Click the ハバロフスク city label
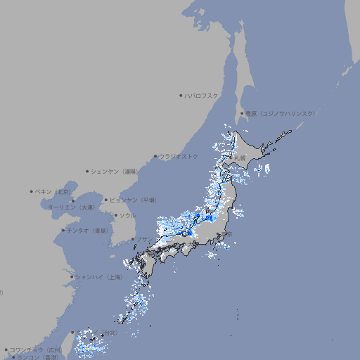[x=202, y=95]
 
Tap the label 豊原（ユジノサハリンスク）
[x=281, y=113]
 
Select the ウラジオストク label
[x=179, y=156]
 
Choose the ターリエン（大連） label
[x=71, y=207]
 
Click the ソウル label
[x=127, y=215]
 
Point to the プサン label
[x=145, y=239]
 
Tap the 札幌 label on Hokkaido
[x=240, y=158]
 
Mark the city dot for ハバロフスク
[x=181, y=95]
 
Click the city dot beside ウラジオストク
[x=155, y=156]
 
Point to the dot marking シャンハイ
[x=71, y=277]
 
